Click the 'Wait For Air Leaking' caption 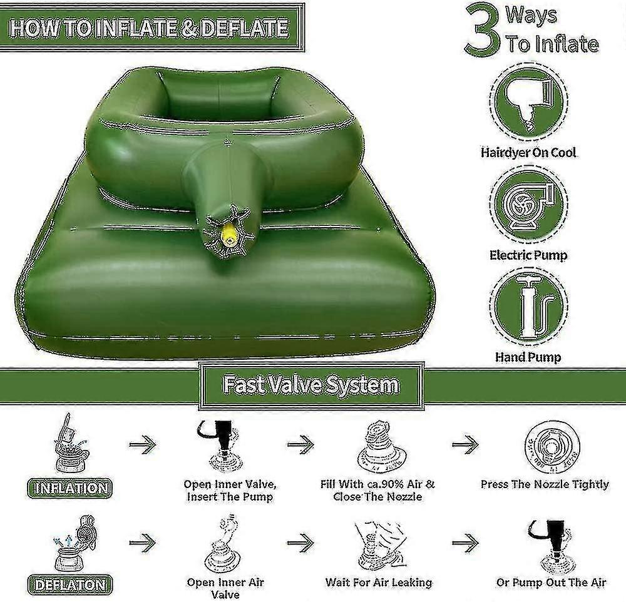tap(379, 582)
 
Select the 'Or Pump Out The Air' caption tap(551, 582)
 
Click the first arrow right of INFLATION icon tap(142, 446)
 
